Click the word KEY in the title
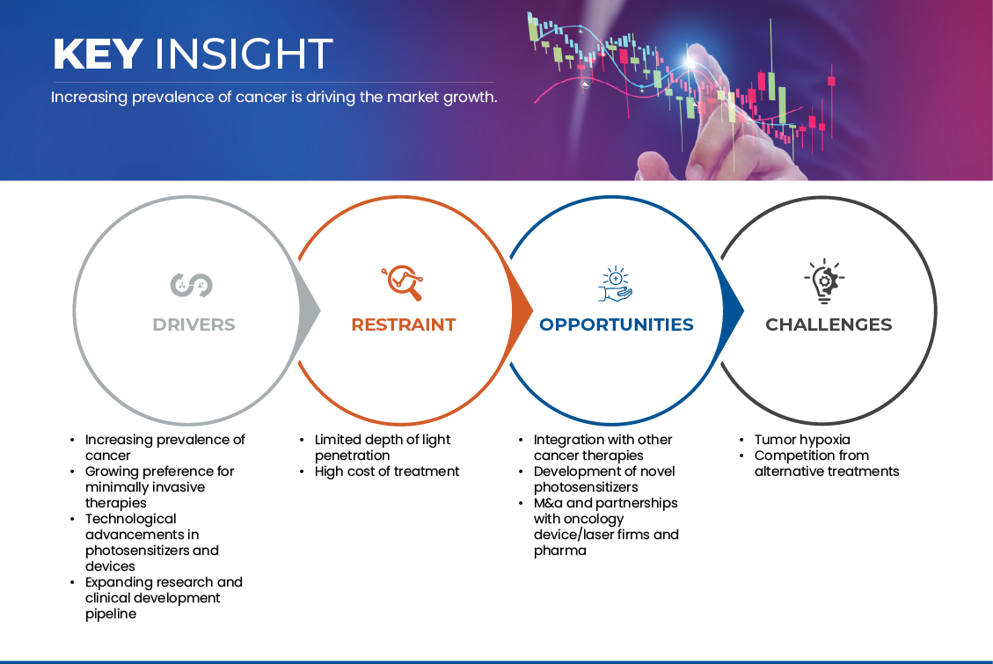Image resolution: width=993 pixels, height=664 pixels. (98, 54)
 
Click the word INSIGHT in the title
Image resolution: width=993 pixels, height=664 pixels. (244, 54)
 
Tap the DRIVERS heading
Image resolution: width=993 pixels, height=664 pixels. (193, 325)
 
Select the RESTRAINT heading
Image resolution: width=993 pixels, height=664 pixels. (404, 325)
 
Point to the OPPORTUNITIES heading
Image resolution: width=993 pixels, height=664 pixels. (617, 325)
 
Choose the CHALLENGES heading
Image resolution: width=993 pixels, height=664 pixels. (829, 325)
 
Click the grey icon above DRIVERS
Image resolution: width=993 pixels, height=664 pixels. (191, 285)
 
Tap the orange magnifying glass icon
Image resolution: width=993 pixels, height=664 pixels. (402, 282)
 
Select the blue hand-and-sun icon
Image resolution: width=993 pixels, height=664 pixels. (616, 283)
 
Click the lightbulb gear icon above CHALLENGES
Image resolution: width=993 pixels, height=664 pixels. (824, 281)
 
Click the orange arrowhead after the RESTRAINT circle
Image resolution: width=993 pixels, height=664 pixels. (522, 310)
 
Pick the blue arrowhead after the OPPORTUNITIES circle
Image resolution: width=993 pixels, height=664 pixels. (733, 310)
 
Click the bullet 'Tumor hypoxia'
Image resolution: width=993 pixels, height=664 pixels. (802, 440)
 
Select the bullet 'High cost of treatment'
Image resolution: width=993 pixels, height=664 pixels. (387, 471)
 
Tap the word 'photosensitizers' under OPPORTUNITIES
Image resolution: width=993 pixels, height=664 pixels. (586, 487)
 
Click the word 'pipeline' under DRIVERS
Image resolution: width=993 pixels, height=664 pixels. (111, 614)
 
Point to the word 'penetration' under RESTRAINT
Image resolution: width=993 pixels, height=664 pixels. (352, 456)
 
